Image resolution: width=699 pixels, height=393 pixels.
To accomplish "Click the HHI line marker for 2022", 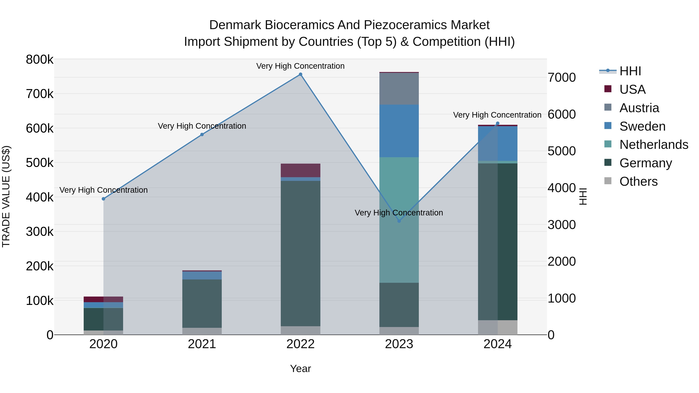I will tap(300, 74).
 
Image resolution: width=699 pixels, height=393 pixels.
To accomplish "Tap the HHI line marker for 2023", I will tap(399, 221).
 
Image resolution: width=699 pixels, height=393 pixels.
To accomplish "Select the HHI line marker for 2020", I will tap(103, 199).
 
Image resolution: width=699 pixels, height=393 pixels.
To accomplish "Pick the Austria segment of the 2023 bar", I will tap(399, 89).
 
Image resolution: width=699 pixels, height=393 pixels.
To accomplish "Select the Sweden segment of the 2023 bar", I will tap(399, 131).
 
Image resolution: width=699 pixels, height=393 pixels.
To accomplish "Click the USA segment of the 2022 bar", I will tap(300, 170).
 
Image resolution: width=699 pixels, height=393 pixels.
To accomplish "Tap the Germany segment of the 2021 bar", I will tap(202, 304).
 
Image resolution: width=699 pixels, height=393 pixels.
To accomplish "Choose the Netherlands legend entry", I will tap(654, 145).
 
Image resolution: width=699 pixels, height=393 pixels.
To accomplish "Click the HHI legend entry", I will tap(630, 71).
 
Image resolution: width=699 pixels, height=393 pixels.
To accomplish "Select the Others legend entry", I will tap(638, 181).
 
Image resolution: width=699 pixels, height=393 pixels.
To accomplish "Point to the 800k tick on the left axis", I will tap(40, 60).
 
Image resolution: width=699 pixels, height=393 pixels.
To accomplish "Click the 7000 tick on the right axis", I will tap(561, 78).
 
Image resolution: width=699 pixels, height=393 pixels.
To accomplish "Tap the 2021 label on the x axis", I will tap(202, 344).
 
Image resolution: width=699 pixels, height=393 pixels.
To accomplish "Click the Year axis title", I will tap(300, 369).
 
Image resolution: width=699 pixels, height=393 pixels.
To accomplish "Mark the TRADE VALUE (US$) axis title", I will tap(6, 197).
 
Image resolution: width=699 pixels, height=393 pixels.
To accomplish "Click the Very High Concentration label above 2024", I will tap(497, 115).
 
